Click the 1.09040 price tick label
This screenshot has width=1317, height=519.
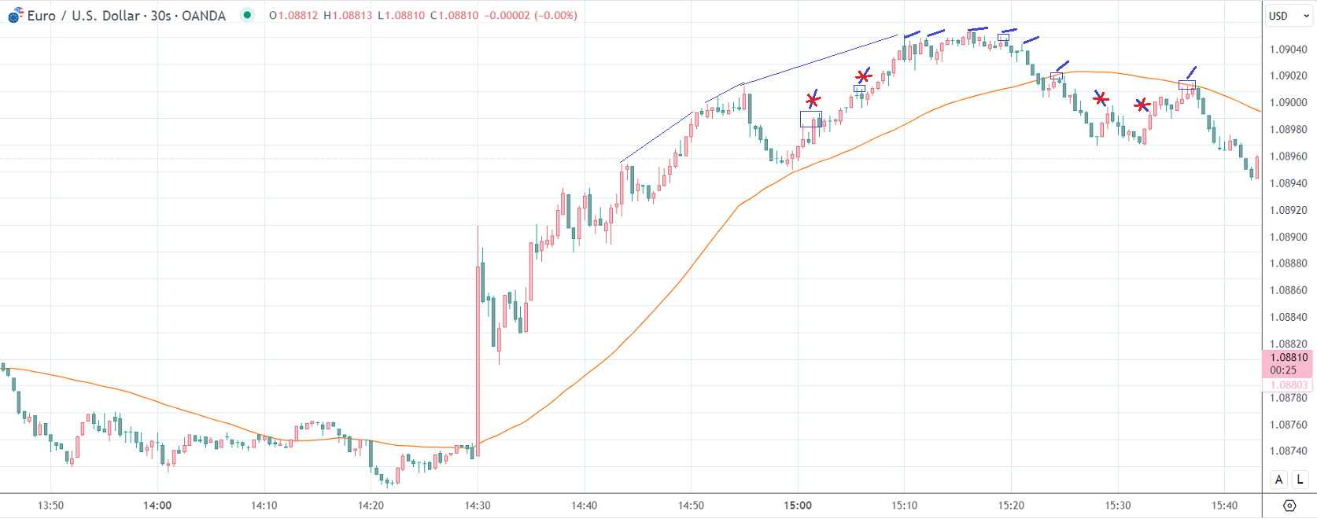(1288, 50)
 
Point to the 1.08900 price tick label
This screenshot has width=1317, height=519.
(1288, 237)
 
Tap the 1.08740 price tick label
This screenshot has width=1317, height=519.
(1288, 451)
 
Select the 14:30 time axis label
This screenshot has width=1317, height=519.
(478, 506)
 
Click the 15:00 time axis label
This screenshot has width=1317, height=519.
(798, 506)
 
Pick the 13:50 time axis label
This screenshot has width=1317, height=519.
(51, 506)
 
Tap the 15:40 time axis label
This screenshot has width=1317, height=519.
(1224, 506)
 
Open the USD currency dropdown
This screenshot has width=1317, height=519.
(1289, 16)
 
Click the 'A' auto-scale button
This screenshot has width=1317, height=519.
(1279, 480)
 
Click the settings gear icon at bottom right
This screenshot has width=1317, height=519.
(1289, 506)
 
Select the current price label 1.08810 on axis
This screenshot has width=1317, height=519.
(1288, 357)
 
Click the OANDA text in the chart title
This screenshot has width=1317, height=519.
(204, 16)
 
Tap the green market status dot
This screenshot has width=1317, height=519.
(247, 15)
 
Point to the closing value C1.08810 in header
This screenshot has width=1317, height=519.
(454, 16)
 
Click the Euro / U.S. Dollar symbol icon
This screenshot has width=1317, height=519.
(15, 15)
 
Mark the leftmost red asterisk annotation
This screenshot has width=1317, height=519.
(813, 100)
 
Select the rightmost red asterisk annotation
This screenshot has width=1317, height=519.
(1142, 105)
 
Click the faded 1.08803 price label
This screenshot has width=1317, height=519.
(1288, 385)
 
